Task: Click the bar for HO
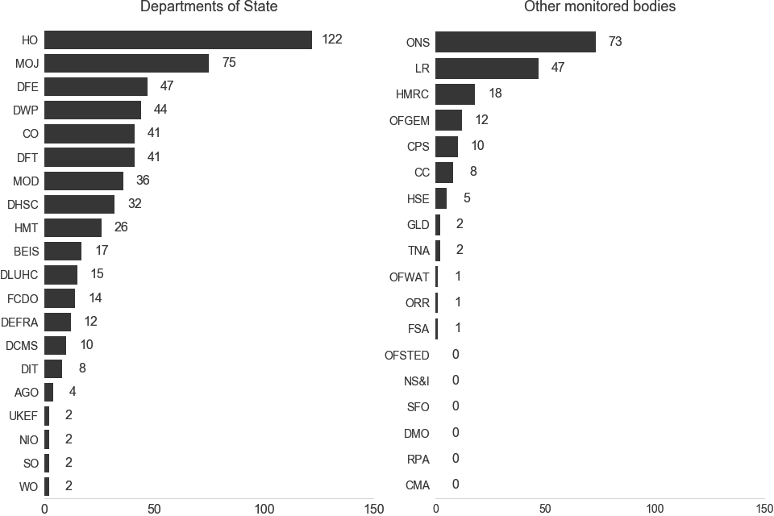pos(177,40)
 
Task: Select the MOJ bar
pos(127,63)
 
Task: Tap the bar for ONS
pos(515,42)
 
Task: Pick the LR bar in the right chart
pos(487,69)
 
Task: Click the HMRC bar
pos(455,94)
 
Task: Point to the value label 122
pos(332,40)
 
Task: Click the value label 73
pos(615,42)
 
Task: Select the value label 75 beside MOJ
pos(229,63)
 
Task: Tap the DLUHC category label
pos(19,275)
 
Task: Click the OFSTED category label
pos(407,355)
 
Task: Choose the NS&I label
pos(417,381)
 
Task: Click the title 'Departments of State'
pos(209,7)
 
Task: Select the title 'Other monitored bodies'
pos(600,7)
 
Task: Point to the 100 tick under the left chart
pos(264,509)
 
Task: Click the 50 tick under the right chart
pos(545,509)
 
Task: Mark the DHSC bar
pos(79,204)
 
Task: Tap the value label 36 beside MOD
pos(143,181)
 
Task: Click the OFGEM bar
pos(448,121)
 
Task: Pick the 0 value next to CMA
pos(456,485)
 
